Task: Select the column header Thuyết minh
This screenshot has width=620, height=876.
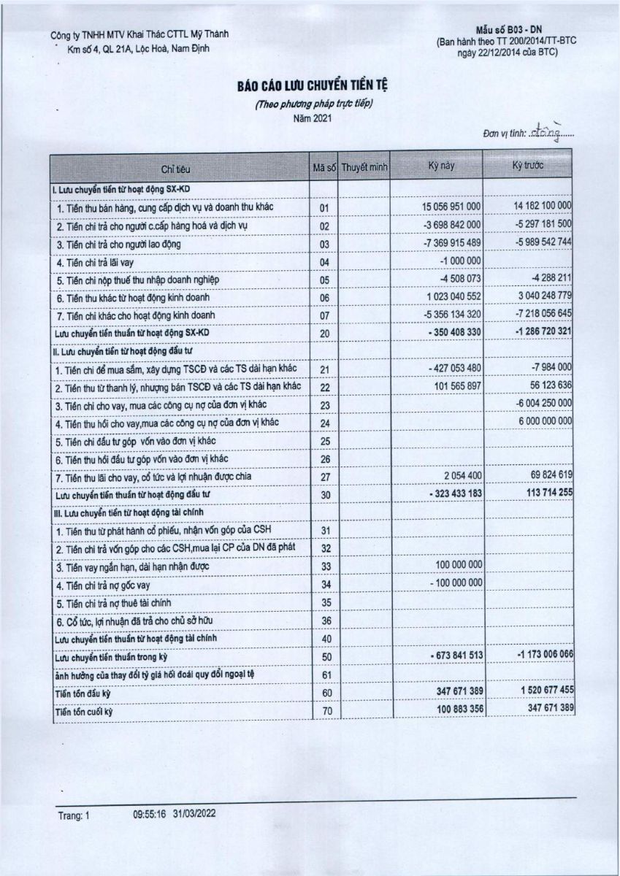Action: tap(364, 167)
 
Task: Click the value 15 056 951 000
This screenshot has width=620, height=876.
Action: tap(451, 207)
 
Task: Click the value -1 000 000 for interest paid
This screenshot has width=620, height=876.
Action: tap(460, 261)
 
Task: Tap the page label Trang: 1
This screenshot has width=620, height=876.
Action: tap(73, 812)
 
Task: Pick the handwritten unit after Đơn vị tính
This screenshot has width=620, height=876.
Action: tap(551, 131)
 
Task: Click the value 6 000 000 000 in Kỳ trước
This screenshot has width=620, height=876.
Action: tap(537, 422)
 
